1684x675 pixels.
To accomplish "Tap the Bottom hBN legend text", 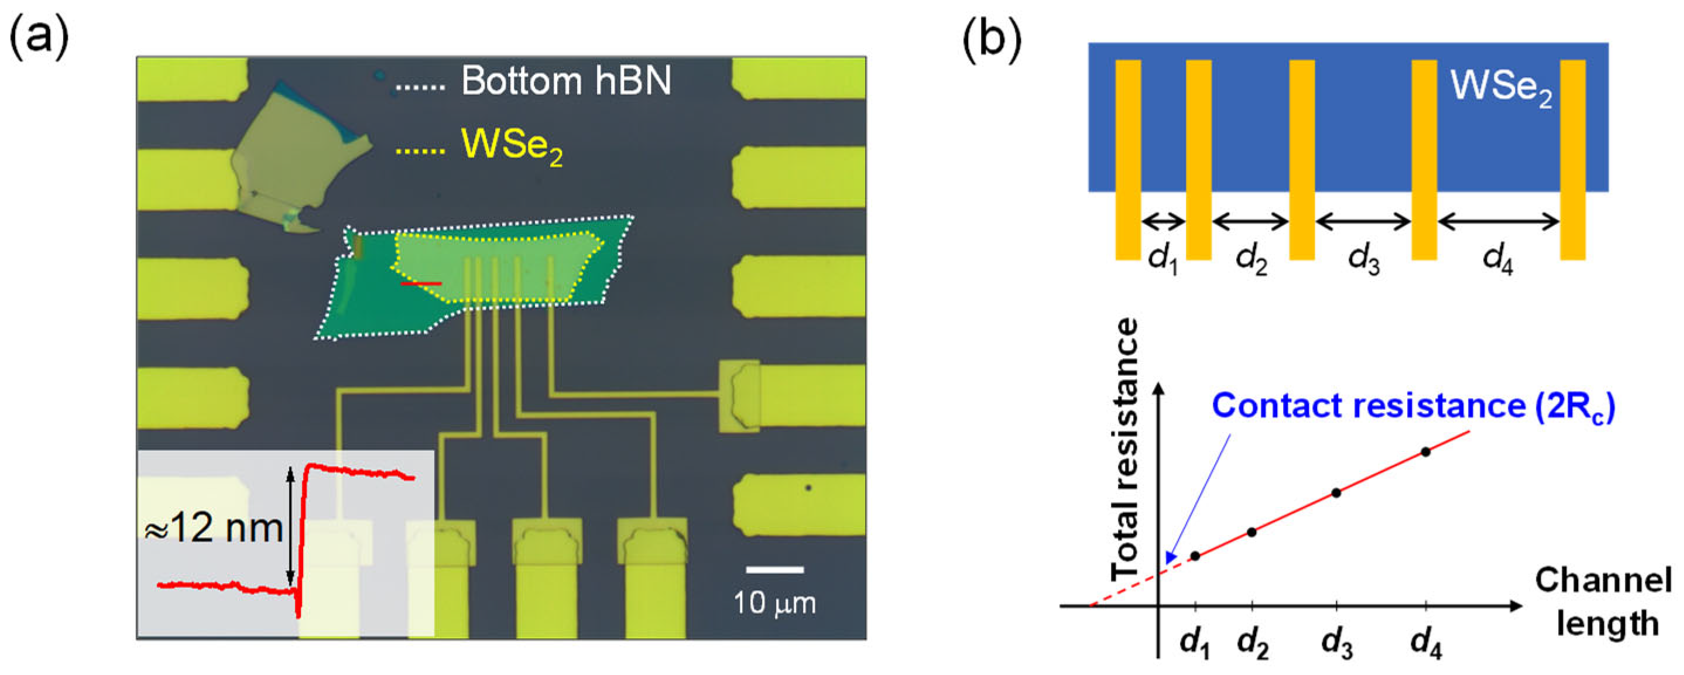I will [x=566, y=81].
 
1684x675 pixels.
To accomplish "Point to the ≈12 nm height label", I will [x=213, y=528].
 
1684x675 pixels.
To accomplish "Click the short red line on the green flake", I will [x=421, y=283].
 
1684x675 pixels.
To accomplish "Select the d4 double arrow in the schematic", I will [x=1498, y=222].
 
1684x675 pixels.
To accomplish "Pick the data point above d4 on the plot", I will [x=1426, y=451].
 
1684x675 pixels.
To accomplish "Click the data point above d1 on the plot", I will [x=1195, y=556].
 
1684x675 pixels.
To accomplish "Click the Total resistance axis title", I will [x=1126, y=450].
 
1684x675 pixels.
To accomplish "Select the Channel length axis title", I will [x=1603, y=602].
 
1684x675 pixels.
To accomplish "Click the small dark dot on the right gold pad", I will [x=809, y=487].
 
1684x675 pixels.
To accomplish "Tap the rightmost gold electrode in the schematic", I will [x=1572, y=160].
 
